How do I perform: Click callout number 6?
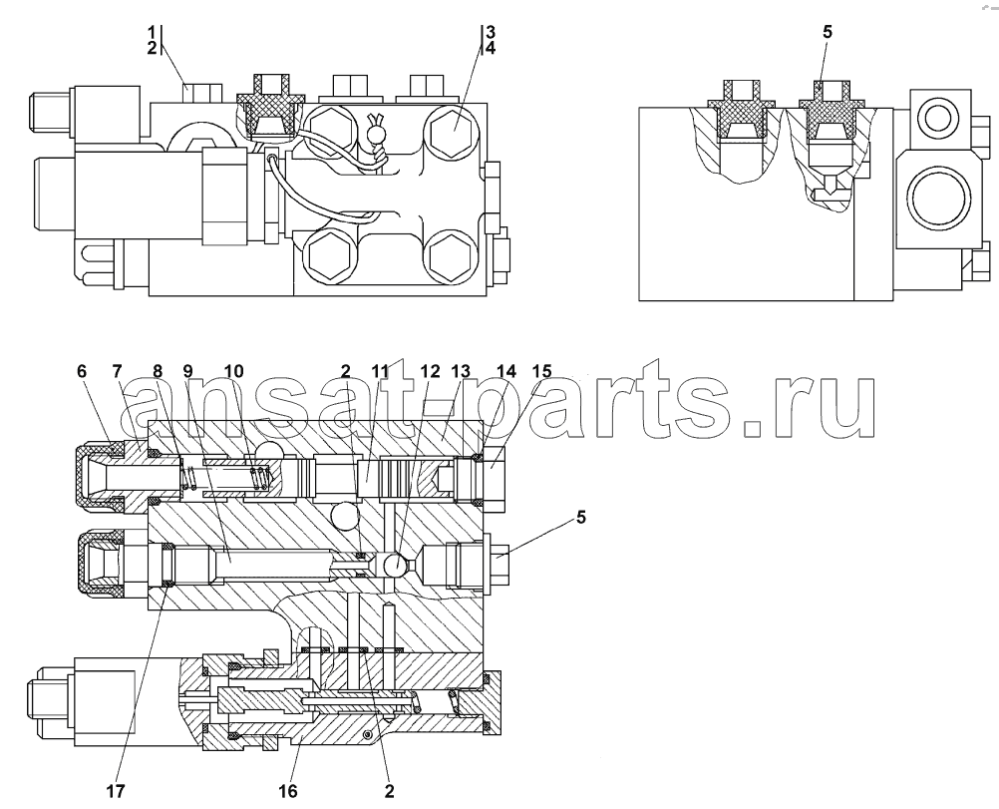click(x=82, y=371)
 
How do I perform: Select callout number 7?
click(x=117, y=371)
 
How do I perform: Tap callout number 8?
click(x=158, y=371)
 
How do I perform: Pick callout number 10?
click(x=233, y=371)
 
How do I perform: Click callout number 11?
click(x=381, y=371)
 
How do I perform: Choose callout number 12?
click(x=430, y=371)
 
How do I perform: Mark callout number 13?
click(x=461, y=371)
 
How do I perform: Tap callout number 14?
click(x=506, y=371)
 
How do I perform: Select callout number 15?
click(x=542, y=371)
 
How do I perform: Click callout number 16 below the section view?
click(x=288, y=791)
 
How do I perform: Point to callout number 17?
click(x=116, y=791)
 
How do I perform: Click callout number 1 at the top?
click(x=152, y=31)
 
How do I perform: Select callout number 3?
click(x=490, y=31)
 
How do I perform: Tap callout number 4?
click(x=490, y=48)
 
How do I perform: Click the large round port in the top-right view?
click(x=936, y=199)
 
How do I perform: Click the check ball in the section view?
click(x=396, y=565)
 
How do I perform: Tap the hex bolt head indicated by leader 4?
click(x=453, y=126)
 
